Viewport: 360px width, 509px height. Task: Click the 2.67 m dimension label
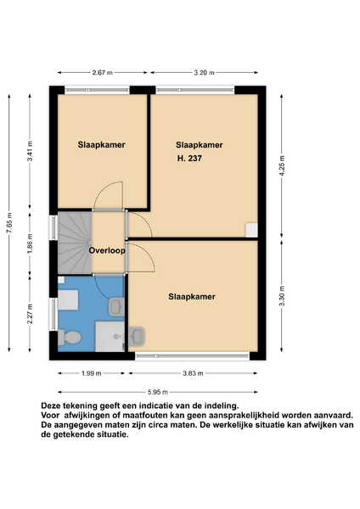pyautogui.click(x=103, y=73)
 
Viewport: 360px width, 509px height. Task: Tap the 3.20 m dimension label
pyautogui.click(x=204, y=73)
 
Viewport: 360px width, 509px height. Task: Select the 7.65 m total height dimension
pyautogui.click(x=9, y=224)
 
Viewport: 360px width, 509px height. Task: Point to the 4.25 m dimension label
pyautogui.click(x=282, y=165)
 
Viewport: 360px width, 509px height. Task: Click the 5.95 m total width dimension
pyautogui.click(x=158, y=392)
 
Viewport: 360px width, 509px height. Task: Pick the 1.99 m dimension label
pyautogui.click(x=92, y=373)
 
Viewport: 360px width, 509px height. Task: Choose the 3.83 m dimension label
pyautogui.click(x=193, y=373)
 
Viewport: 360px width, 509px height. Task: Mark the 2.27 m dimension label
pyautogui.click(x=31, y=314)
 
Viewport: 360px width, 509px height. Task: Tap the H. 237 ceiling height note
pyautogui.click(x=189, y=159)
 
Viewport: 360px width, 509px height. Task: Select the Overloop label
pyautogui.click(x=107, y=250)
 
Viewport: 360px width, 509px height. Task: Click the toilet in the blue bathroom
pyautogui.click(x=70, y=338)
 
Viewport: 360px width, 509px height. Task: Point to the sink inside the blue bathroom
pyautogui.click(x=116, y=307)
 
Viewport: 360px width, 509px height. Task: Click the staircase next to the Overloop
pyautogui.click(x=75, y=243)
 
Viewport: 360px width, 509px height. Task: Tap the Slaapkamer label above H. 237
pyautogui.click(x=200, y=145)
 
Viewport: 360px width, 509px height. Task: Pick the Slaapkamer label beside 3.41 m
pyautogui.click(x=101, y=145)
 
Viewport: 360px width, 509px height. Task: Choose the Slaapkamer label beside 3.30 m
pyautogui.click(x=192, y=297)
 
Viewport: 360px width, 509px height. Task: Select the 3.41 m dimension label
pyautogui.click(x=31, y=151)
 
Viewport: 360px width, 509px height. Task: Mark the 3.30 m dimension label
pyautogui.click(x=282, y=296)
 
